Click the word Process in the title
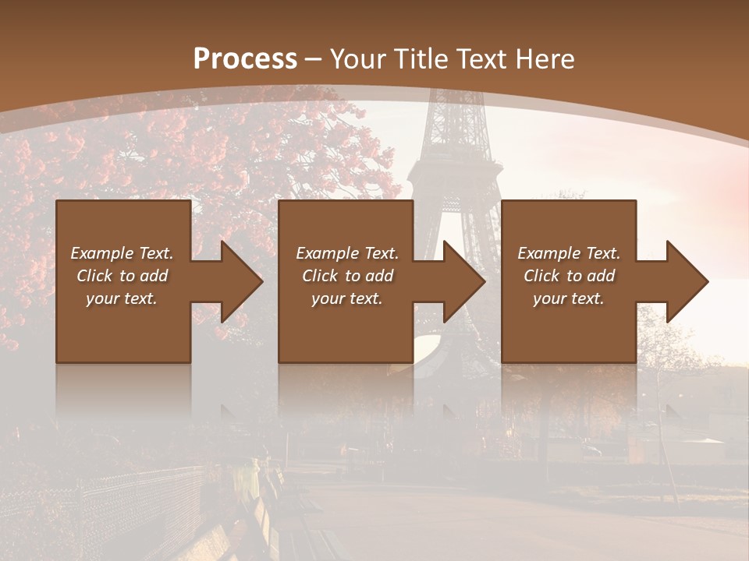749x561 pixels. pyautogui.click(x=245, y=59)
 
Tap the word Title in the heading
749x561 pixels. pyautogui.click(x=421, y=59)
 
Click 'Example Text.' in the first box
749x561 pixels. pyautogui.click(x=122, y=253)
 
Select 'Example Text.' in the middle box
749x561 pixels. pyautogui.click(x=346, y=253)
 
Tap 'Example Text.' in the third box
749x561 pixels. pyautogui.click(x=569, y=253)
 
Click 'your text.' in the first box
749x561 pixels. pyautogui.click(x=122, y=298)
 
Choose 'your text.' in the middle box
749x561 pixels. pyautogui.click(x=346, y=298)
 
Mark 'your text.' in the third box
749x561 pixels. pyautogui.click(x=569, y=298)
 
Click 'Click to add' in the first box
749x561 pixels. pyautogui.click(x=122, y=276)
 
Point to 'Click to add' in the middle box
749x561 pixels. pyautogui.click(x=346, y=276)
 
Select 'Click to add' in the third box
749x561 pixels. pyautogui.click(x=569, y=276)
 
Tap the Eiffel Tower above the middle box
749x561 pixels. pyautogui.click(x=453, y=156)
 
